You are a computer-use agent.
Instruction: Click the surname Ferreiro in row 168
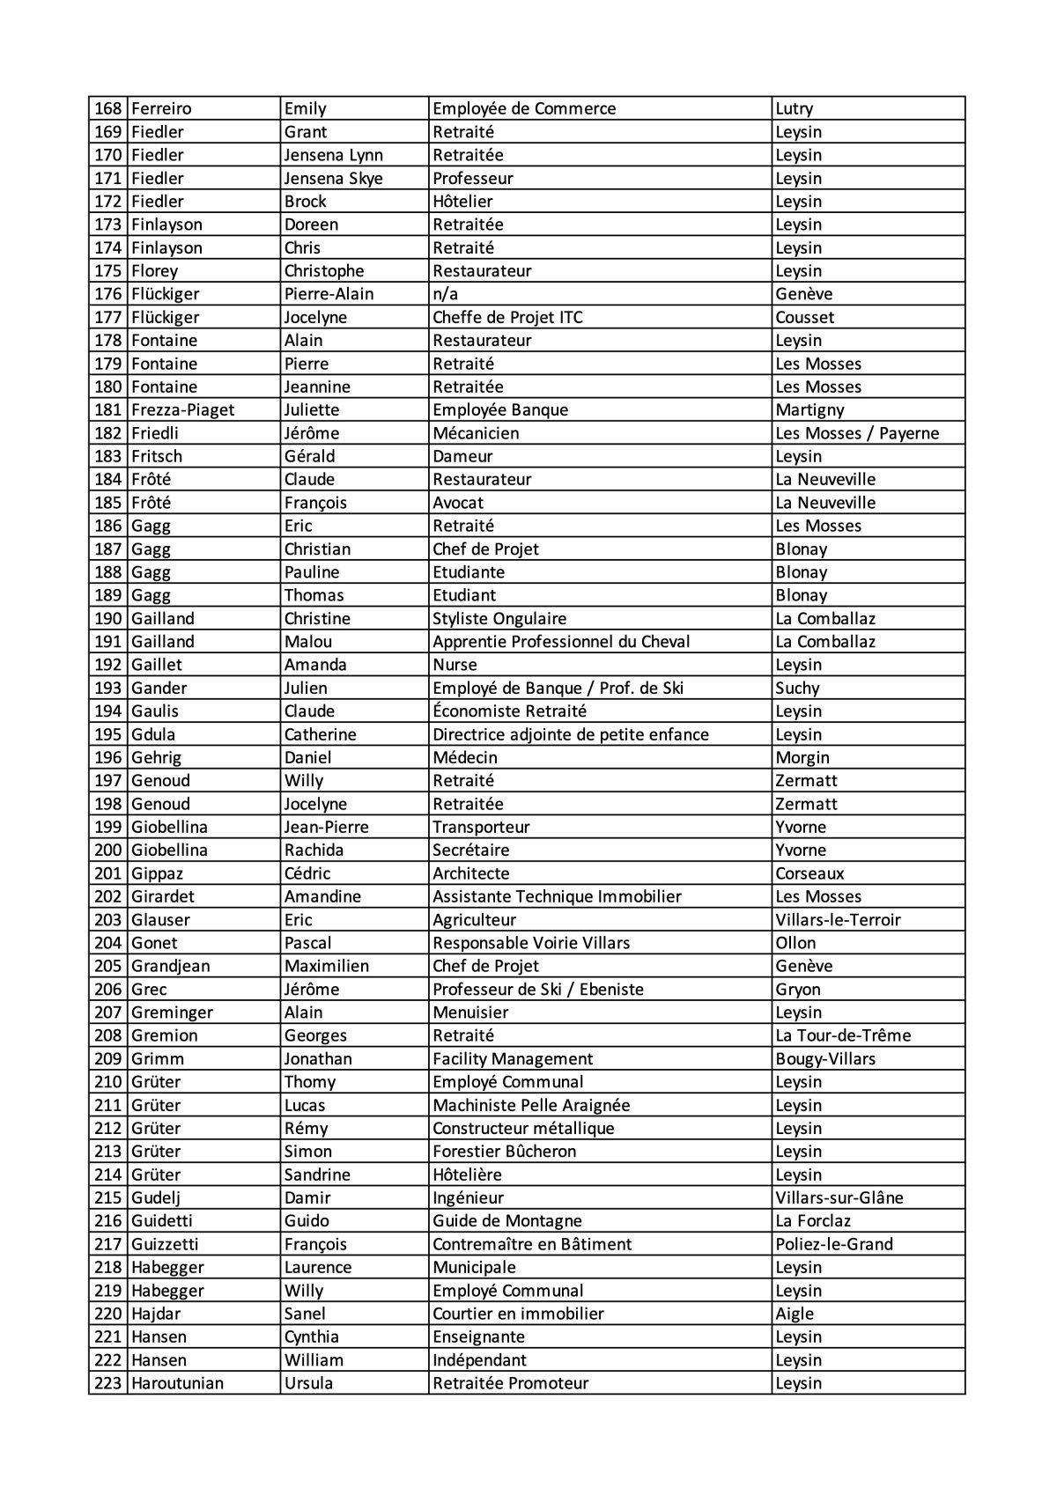[x=161, y=109]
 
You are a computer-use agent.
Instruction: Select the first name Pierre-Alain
[x=329, y=294]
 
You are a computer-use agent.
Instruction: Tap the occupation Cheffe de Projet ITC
[x=507, y=317]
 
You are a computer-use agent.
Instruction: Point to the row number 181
[x=107, y=410]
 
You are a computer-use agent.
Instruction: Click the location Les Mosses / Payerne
[x=857, y=433]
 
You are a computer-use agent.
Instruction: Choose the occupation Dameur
[x=462, y=456]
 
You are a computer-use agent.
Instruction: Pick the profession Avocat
[x=458, y=503]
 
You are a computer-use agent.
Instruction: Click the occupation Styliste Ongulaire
[x=499, y=619]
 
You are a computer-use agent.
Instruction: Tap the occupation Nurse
[x=455, y=665]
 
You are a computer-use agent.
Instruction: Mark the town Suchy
[x=797, y=689]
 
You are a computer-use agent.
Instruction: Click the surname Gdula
[x=153, y=734]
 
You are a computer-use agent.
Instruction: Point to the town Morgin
[x=802, y=757]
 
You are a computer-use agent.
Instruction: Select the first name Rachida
[x=314, y=851]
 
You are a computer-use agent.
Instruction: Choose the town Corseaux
[x=809, y=873]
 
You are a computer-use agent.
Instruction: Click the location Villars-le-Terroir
[x=838, y=920]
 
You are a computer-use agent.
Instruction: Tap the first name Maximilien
[x=326, y=966]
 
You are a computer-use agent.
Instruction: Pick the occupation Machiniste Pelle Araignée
[x=531, y=1105]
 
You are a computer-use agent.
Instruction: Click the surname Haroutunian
[x=177, y=1383]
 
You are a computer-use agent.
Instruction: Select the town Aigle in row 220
[x=795, y=1314]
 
